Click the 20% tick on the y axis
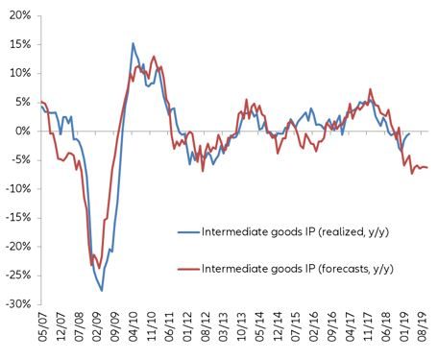point(19,14)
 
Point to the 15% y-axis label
point(19,43)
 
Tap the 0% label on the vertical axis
point(22,131)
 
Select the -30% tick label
point(17,303)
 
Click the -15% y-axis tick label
point(17,217)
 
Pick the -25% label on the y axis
point(17,275)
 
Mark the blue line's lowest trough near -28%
point(103,290)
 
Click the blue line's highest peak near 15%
point(134,43)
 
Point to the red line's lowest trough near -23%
point(92,265)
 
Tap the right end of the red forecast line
point(427,168)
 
